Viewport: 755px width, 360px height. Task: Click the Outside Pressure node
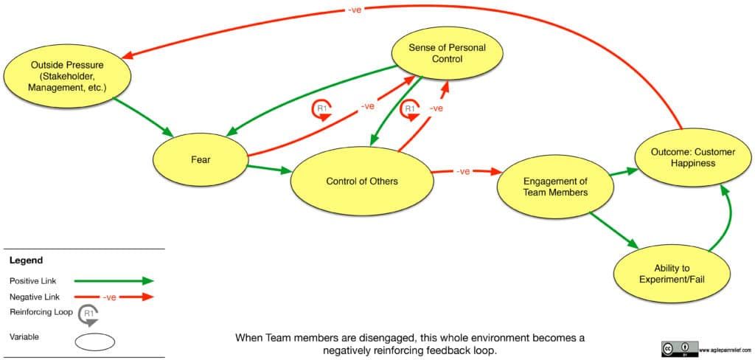(x=67, y=77)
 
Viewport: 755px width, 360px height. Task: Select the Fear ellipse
(x=200, y=159)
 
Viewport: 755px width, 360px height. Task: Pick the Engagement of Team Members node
(x=554, y=187)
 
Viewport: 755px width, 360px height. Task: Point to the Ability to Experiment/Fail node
(x=672, y=274)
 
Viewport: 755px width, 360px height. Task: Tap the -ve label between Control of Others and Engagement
(x=463, y=171)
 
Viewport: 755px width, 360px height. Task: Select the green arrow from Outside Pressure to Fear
(x=144, y=118)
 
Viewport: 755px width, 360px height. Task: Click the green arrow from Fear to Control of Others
(x=269, y=169)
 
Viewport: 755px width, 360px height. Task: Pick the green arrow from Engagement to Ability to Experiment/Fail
(x=613, y=231)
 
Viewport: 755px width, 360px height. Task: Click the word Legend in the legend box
(x=26, y=260)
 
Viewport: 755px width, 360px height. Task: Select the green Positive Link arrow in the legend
(x=118, y=280)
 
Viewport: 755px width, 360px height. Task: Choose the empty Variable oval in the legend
(x=94, y=342)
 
